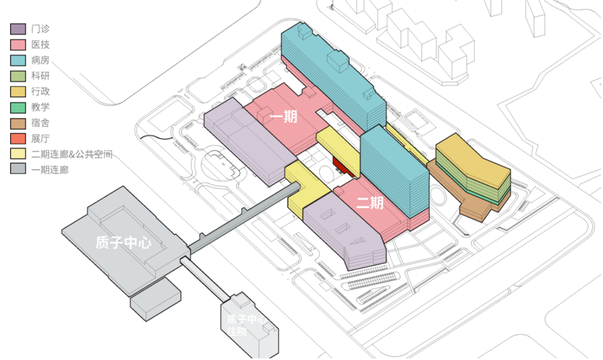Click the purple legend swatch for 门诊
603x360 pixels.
tap(18, 29)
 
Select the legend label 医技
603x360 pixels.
tap(40, 45)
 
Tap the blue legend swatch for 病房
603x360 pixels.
tap(18, 60)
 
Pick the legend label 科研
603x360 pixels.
tap(40, 76)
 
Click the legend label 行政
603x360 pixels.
tap(40, 92)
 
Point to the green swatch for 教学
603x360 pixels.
tap(18, 107)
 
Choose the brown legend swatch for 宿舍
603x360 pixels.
tap(18, 123)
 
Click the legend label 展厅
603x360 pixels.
tap(40, 138)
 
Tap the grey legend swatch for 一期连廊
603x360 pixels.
tap(18, 170)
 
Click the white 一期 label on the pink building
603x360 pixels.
tap(284, 117)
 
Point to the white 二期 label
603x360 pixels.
tap(370, 203)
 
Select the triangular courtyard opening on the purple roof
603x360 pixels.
tap(359, 241)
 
